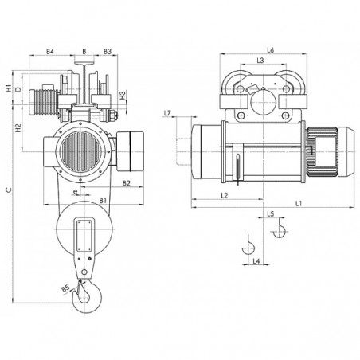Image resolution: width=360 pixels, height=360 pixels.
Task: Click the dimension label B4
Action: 50,51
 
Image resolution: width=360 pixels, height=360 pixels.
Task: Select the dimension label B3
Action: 108,51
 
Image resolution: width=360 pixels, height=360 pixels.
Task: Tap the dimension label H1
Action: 9,88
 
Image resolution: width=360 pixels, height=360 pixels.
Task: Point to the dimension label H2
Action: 18,128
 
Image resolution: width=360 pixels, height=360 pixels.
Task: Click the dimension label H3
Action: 123,96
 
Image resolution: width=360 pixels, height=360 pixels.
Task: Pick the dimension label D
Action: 18,89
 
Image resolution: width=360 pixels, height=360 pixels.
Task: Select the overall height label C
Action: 10,190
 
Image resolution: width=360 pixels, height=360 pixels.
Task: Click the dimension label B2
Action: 127,183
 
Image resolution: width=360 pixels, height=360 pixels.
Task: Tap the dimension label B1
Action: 103,201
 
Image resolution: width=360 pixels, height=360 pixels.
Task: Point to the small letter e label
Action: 76,191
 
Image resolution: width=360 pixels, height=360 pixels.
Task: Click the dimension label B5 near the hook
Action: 65,288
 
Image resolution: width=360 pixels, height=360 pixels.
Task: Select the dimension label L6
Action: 270,50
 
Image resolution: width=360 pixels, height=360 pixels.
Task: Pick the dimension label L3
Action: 260,61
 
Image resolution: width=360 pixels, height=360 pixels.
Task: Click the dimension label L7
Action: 167,113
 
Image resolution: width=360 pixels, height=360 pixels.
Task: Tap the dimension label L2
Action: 225,195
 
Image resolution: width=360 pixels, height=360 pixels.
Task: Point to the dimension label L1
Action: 299,203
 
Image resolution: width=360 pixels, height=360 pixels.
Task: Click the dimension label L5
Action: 270,214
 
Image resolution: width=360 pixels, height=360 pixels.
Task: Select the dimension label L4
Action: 256,261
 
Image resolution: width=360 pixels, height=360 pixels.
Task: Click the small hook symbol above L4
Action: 248,245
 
